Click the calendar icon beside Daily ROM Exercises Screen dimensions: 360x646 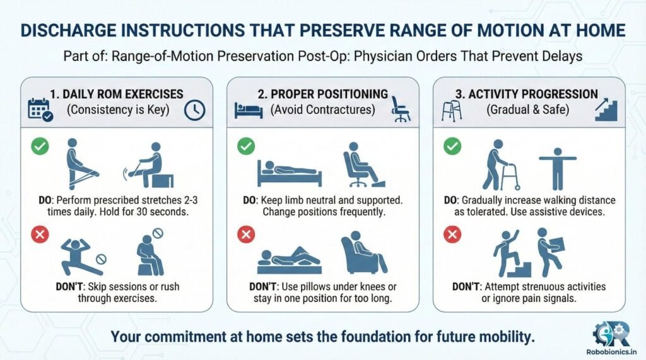38,108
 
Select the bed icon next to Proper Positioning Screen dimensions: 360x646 244,108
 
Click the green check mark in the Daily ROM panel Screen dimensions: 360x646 40,147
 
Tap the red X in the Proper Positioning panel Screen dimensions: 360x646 245,235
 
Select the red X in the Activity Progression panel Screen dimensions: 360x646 451,235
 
